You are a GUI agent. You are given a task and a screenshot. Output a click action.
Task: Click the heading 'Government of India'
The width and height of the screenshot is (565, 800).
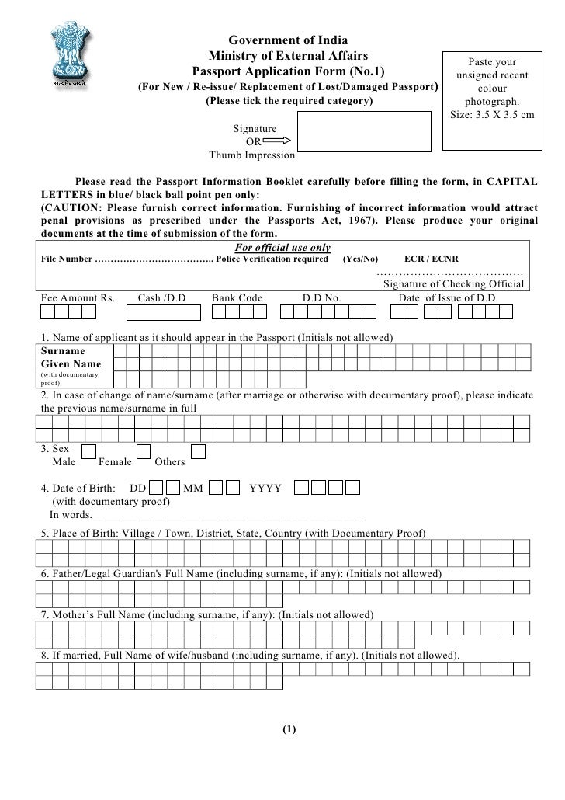point(287,40)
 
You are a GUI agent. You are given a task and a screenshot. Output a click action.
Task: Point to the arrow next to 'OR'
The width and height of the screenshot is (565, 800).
point(277,141)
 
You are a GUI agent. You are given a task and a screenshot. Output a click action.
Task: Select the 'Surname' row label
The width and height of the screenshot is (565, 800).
point(63,350)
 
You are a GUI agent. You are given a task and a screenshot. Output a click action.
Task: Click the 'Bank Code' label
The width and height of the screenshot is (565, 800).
point(237,298)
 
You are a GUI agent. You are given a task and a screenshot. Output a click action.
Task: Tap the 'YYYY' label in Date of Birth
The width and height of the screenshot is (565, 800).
point(265,489)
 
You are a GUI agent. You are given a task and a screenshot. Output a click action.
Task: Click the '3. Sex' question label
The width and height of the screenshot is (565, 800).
point(54,449)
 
